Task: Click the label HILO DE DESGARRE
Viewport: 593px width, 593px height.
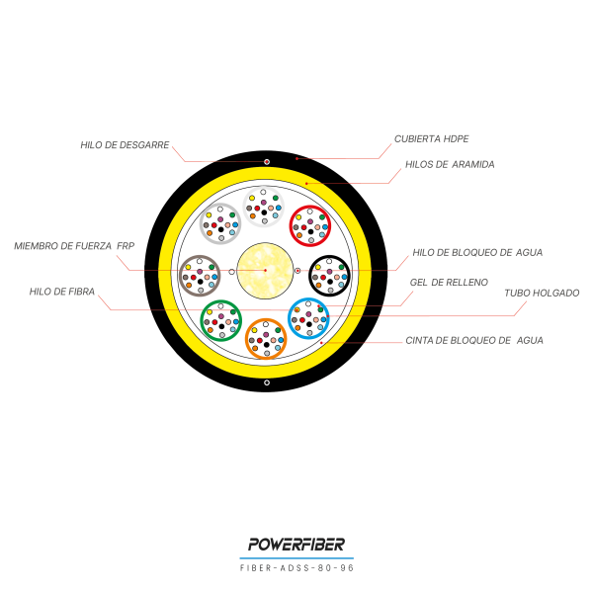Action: point(125,145)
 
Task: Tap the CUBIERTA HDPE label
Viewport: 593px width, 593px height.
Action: point(431,139)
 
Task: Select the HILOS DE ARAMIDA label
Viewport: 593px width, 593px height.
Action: point(450,164)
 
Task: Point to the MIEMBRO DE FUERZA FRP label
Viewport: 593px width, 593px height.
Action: point(74,246)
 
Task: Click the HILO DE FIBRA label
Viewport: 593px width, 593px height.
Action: point(62,292)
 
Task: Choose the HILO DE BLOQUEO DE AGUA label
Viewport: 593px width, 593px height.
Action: point(477,253)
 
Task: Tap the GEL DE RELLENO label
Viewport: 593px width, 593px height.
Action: point(449,283)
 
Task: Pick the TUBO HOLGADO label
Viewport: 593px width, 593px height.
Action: point(542,294)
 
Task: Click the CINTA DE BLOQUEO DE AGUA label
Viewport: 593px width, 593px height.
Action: point(474,341)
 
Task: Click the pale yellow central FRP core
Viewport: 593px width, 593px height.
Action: point(265,271)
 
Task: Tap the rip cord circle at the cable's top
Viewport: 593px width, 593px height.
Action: point(267,162)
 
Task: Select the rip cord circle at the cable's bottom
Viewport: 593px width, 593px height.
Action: point(267,382)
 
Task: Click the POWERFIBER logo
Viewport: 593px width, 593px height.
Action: point(296,545)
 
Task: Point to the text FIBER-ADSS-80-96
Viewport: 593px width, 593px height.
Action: point(296,568)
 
